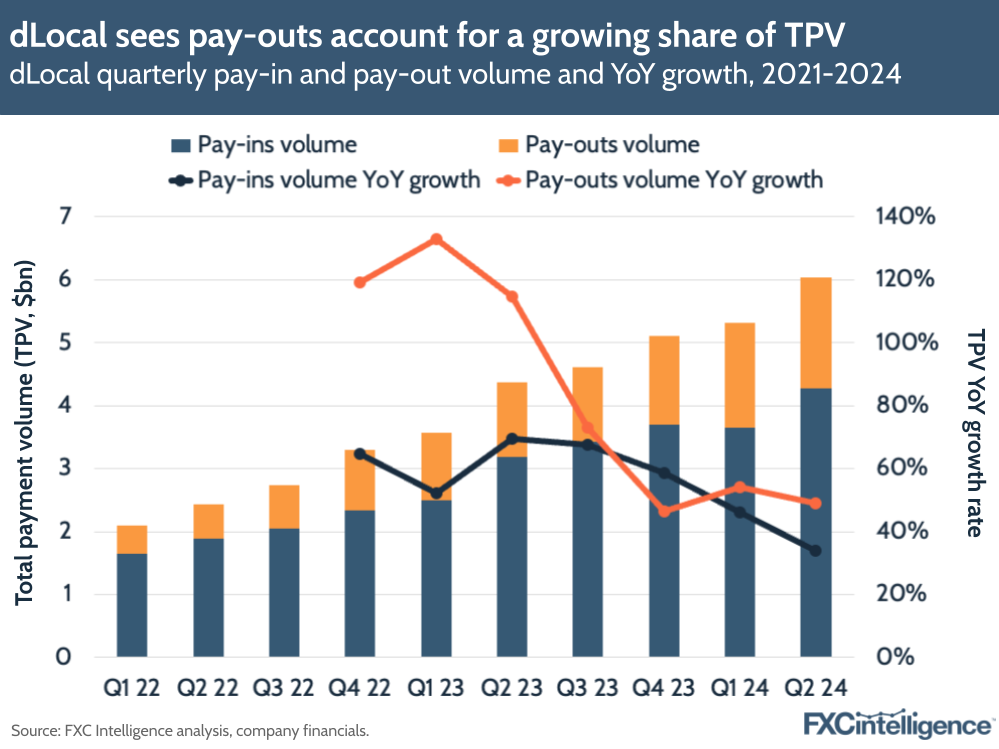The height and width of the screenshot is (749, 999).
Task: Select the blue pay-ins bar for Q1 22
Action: tap(131, 605)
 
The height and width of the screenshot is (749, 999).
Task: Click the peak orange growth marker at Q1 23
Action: tap(436, 239)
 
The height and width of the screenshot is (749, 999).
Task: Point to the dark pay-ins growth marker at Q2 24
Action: tap(815, 550)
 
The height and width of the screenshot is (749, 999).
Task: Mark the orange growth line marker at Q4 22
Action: tap(360, 282)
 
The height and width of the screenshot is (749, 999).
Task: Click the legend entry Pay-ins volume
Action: tap(277, 144)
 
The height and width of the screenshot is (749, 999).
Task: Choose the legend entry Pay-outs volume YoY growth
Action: tap(673, 180)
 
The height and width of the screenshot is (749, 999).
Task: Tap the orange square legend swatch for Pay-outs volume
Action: tap(506, 145)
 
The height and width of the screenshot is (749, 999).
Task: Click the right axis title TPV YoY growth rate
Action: tap(973, 433)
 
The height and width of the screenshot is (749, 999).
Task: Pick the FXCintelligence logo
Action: tap(898, 723)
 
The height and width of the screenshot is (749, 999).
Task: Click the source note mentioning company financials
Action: tap(190, 731)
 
